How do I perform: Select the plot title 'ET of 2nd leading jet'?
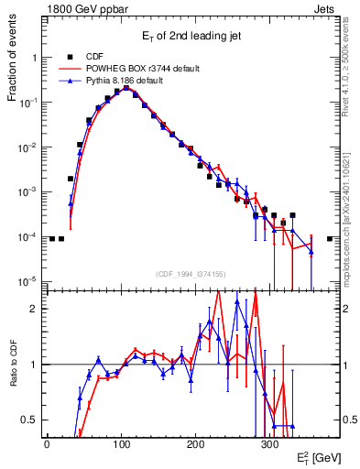click(x=191, y=38)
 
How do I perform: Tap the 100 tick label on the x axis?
click(x=121, y=443)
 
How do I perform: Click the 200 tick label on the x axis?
click(x=195, y=443)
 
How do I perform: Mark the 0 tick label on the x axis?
click(x=47, y=443)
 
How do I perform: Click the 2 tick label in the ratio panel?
click(x=35, y=309)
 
